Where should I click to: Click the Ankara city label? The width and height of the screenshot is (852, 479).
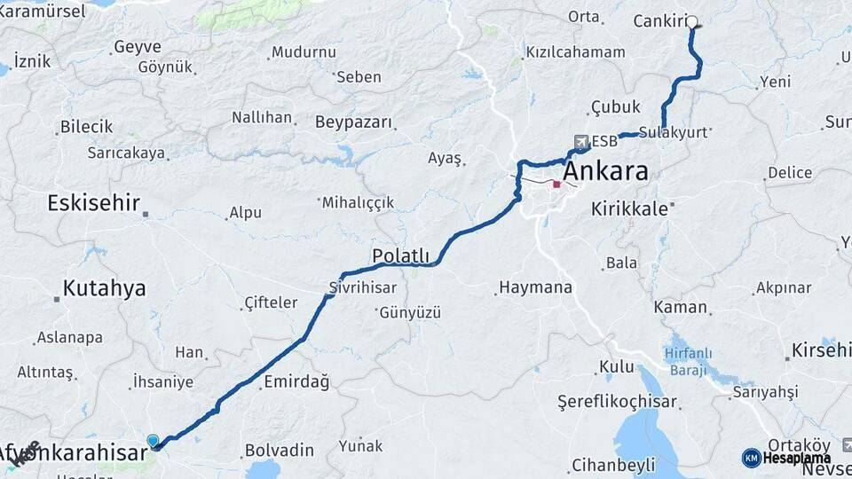(606, 171)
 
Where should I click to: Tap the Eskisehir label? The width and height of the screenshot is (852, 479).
(93, 203)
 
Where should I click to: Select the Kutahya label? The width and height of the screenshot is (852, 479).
(104, 288)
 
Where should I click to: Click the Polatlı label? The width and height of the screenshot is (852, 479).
(400, 255)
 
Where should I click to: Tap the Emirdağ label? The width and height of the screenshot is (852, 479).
(296, 382)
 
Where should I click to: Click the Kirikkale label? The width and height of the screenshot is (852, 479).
(630, 208)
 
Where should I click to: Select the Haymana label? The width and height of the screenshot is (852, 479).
(535, 287)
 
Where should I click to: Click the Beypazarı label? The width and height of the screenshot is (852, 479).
(353, 122)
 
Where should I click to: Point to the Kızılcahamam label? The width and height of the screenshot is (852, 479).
(575, 52)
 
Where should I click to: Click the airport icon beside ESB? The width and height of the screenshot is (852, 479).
(580, 141)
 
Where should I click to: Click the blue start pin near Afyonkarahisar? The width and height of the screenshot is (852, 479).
(153, 441)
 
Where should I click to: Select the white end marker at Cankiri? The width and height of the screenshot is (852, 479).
(691, 21)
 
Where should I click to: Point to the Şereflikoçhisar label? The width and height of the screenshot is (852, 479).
(617, 401)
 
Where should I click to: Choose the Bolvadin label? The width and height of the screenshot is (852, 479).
(279, 450)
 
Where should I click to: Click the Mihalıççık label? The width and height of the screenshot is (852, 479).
(358, 202)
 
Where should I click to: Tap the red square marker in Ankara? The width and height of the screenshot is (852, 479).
(556, 185)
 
